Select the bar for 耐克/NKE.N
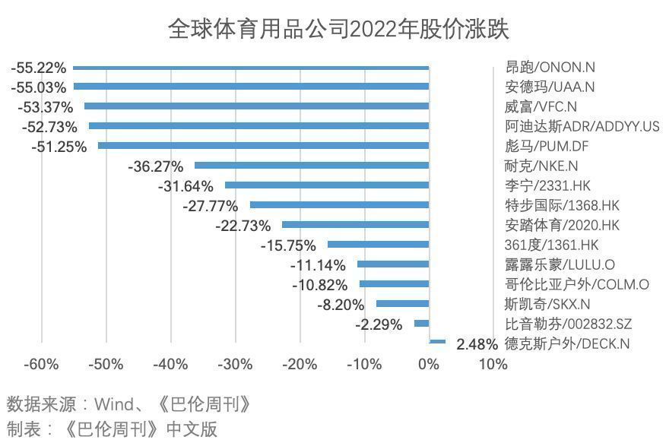tap(312, 165)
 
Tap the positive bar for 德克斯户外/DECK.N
tap(437, 343)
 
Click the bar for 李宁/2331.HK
tap(327, 185)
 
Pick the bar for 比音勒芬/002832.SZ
tap(421, 323)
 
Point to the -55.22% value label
tap(39, 68)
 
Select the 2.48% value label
tap(477, 344)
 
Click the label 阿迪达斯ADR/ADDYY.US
tap(582, 126)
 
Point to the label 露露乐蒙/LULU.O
tap(560, 264)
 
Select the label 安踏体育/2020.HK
tap(563, 225)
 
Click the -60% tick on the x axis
tap(41, 365)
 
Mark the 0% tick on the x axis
tap(429, 365)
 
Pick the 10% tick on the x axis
tap(493, 365)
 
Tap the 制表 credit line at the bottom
tap(112, 429)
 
